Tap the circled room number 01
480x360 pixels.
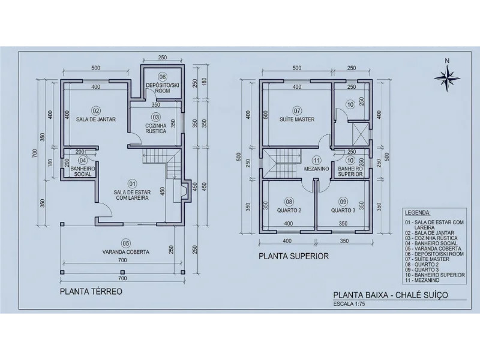(x=133, y=183)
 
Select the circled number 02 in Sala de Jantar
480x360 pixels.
(x=95, y=110)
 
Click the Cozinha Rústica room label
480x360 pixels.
(x=155, y=128)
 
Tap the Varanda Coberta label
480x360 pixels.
(x=125, y=252)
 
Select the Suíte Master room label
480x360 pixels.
(x=296, y=119)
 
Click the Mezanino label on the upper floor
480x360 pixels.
(x=317, y=169)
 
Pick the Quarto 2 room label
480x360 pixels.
(x=289, y=210)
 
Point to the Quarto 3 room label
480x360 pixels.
(x=343, y=210)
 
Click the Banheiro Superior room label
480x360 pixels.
(x=350, y=171)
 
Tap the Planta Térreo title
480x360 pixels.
(x=91, y=292)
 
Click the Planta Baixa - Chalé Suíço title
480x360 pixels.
(x=390, y=295)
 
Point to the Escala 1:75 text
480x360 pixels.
(x=349, y=304)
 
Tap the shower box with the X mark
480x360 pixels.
(x=359, y=131)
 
